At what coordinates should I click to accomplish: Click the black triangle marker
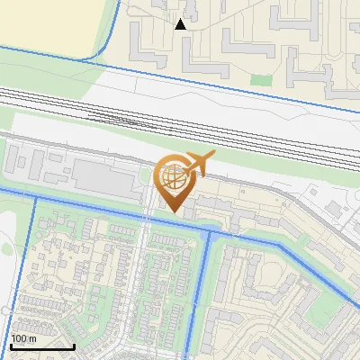[181, 24]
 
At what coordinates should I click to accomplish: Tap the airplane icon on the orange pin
[199, 164]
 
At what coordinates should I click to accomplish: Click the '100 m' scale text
[24, 338]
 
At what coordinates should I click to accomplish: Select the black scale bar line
[42, 346]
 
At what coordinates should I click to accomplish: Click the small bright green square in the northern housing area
[261, 80]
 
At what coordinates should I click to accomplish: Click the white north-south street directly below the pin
[147, 270]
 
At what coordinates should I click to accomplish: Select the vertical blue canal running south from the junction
[205, 288]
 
